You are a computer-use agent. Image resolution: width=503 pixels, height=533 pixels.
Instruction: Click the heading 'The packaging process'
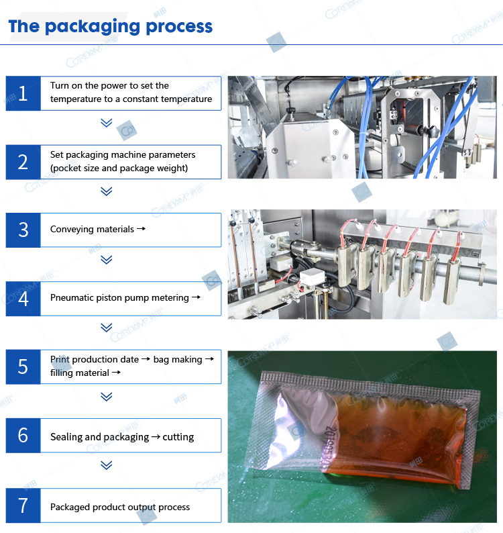point(111,27)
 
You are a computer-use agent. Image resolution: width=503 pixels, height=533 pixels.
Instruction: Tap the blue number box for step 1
point(23,93)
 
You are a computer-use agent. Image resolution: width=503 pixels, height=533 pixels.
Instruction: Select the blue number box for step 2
point(23,162)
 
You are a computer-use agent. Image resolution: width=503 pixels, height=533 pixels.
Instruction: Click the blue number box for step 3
point(23,230)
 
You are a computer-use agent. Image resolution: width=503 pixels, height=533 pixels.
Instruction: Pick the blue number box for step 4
point(23,299)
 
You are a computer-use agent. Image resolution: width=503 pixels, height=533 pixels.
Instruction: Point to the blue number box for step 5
point(23,367)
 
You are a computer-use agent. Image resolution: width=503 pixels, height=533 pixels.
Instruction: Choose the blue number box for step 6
point(23,436)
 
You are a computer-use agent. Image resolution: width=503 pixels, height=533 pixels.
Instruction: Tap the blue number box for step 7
point(23,505)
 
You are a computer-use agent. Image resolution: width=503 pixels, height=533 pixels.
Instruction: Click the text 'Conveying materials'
point(92,230)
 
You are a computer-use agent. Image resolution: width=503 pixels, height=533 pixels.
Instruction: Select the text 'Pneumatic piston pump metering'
point(119,298)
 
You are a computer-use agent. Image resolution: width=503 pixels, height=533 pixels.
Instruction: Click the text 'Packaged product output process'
point(120,507)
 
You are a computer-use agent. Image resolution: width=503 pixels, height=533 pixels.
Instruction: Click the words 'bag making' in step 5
point(178,360)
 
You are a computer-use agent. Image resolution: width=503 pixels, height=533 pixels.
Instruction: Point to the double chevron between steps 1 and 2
point(106,123)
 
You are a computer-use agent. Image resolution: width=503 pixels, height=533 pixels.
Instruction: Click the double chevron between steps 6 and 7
point(106,465)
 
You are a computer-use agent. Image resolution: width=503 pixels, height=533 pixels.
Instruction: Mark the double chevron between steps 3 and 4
point(106,260)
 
